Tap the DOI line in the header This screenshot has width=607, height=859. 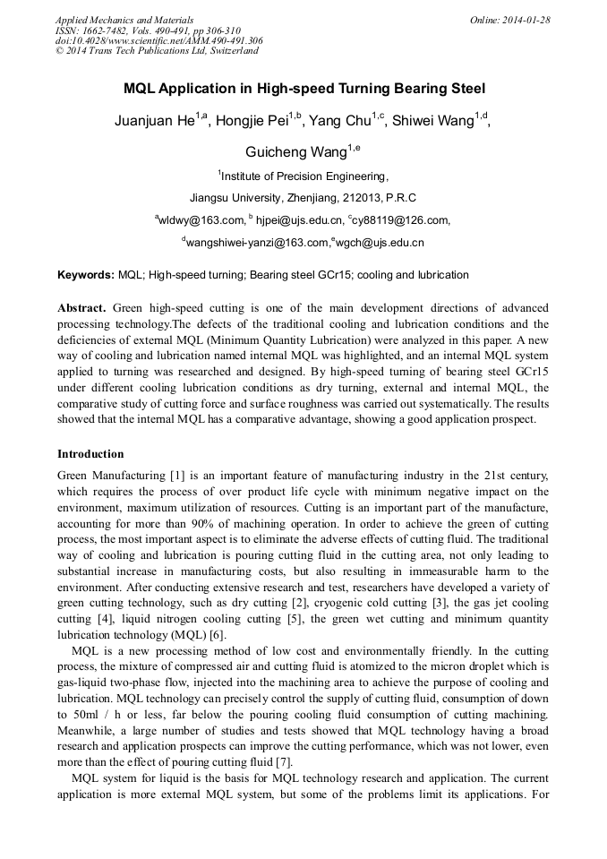click(158, 40)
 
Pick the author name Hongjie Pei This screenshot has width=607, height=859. click(253, 122)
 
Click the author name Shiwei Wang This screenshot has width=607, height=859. click(435, 122)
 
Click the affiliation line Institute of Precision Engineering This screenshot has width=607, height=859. click(304, 176)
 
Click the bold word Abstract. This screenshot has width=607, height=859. click(82, 307)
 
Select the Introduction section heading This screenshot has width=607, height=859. click(90, 454)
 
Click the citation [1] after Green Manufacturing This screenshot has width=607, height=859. click(176, 475)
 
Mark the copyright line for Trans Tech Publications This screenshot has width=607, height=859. click(157, 51)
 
